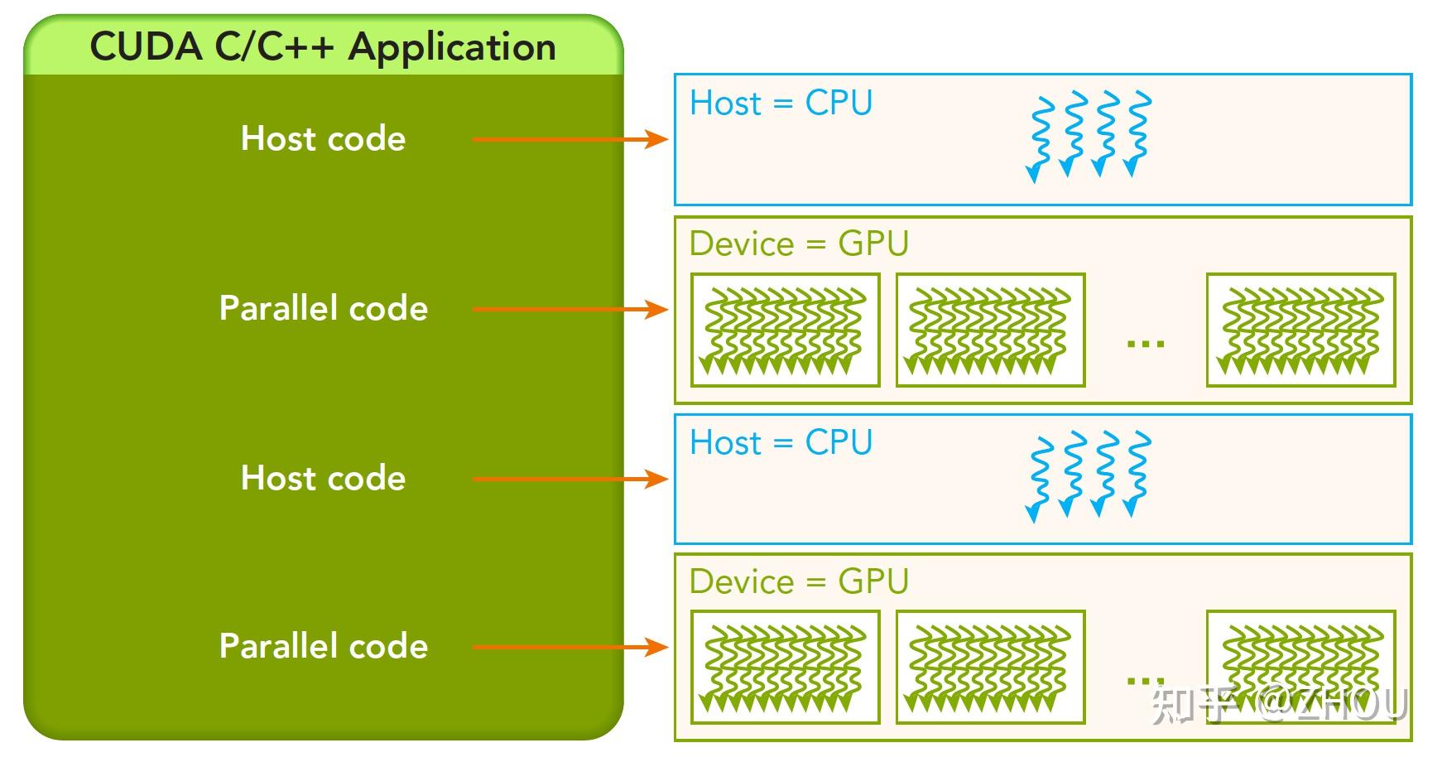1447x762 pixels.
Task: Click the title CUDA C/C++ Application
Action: pyautogui.click(x=323, y=47)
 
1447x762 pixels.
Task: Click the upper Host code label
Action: pyautogui.click(x=323, y=138)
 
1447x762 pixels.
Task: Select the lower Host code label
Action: pyautogui.click(x=323, y=478)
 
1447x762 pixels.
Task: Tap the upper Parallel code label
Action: pyautogui.click(x=323, y=308)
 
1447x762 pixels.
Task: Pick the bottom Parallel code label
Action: pyautogui.click(x=323, y=646)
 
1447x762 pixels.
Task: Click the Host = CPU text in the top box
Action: pyautogui.click(x=781, y=104)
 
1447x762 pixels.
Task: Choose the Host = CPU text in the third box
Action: pyautogui.click(x=781, y=442)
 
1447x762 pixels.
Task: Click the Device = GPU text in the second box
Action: pyautogui.click(x=799, y=244)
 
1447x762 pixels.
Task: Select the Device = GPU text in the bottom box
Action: pyautogui.click(x=799, y=581)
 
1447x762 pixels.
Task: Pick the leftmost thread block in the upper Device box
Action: pyautogui.click(x=785, y=330)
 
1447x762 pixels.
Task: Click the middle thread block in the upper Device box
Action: pyautogui.click(x=990, y=330)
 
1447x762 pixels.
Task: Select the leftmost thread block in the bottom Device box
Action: pyautogui.click(x=785, y=668)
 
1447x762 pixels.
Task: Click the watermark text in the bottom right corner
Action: pyautogui.click(x=1279, y=704)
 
